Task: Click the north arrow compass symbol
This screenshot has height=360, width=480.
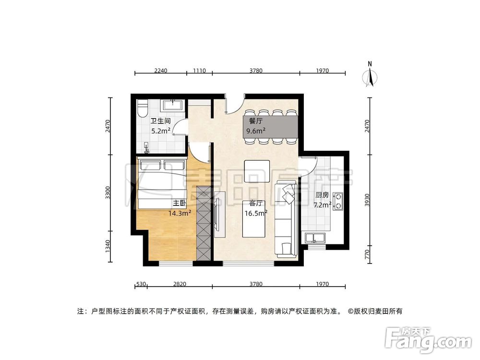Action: (x=370, y=77)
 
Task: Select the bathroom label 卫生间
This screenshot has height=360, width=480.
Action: (x=160, y=121)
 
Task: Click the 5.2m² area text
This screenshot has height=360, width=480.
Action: (x=161, y=131)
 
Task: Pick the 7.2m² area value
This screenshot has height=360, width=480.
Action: (x=323, y=205)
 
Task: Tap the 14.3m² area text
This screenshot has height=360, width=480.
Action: (x=180, y=213)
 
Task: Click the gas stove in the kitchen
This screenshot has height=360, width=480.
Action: (x=338, y=202)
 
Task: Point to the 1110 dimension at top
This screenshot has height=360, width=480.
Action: (x=199, y=71)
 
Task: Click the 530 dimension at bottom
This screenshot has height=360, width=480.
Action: (x=141, y=284)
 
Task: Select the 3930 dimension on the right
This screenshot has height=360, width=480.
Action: (x=368, y=200)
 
